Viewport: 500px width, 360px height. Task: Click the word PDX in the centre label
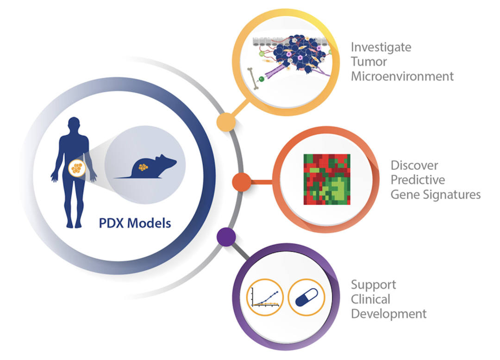[111, 223]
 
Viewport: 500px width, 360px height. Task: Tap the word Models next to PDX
[149, 223]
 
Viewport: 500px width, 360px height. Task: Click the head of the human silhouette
[74, 124]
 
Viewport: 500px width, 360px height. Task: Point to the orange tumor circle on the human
[77, 168]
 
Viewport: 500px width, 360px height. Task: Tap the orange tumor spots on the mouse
[143, 167]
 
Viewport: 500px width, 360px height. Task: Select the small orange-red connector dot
[242, 182]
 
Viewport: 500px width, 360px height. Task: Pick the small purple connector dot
[226, 237]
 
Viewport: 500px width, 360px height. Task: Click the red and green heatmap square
[327, 180]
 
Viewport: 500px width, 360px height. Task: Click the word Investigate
[381, 47]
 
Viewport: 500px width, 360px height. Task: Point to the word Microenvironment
[402, 76]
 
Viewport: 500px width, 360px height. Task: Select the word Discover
[414, 165]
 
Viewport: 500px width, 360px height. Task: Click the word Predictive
[418, 180]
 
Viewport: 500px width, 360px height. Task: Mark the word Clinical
[370, 299]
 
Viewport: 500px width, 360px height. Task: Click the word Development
[389, 314]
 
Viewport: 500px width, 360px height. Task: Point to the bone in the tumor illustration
[253, 79]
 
